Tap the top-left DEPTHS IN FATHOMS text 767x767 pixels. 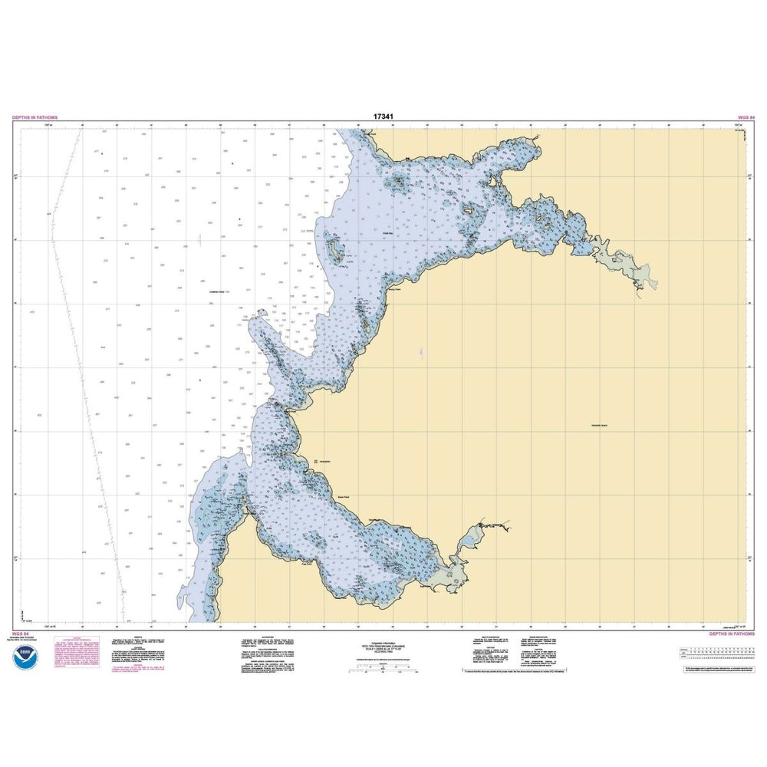pos(35,117)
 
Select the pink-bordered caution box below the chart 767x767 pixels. pos(72,656)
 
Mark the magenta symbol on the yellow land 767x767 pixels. pos(421,353)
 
